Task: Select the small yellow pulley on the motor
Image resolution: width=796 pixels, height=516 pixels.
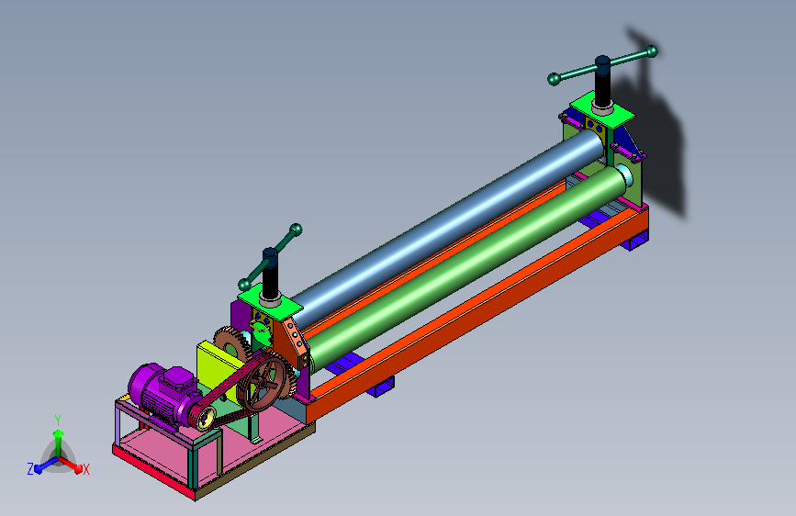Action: tap(206, 419)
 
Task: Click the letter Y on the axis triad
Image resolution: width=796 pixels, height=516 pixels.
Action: tap(58, 421)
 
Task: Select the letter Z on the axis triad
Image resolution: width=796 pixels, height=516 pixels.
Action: tap(30, 469)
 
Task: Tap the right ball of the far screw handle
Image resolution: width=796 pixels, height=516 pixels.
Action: tap(653, 50)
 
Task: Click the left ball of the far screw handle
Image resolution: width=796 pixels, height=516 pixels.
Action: tap(554, 79)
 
